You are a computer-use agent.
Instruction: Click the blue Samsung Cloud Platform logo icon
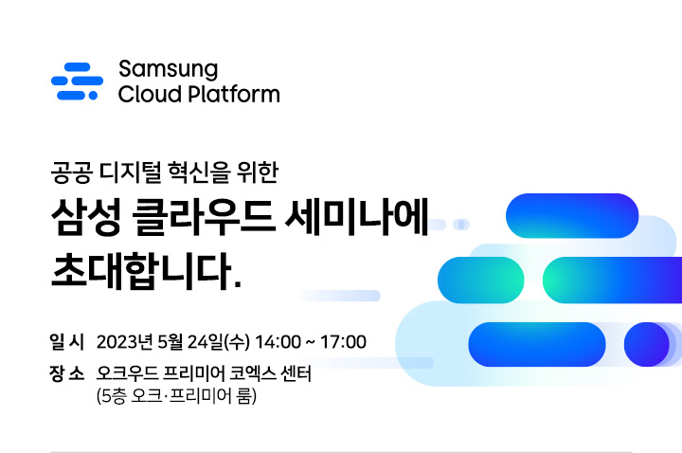coord(77,82)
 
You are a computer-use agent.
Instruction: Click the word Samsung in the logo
coord(169,69)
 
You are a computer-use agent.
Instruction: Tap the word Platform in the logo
coord(233,94)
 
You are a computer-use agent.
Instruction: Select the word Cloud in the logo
coord(150,94)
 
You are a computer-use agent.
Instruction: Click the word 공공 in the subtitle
coord(72,172)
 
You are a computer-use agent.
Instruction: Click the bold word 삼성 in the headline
coord(85,217)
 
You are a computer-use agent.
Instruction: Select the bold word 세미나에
coord(357,217)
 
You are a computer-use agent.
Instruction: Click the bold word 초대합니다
coord(146,271)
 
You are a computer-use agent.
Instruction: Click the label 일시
coord(66,341)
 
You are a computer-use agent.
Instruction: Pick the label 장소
coord(66,373)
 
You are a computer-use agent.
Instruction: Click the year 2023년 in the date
coord(125,342)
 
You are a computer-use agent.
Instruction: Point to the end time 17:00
coord(343,342)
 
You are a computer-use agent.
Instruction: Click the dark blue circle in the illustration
coord(646,344)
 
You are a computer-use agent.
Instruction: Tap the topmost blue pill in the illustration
coord(572,215)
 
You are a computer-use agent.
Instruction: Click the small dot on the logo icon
coord(93,96)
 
